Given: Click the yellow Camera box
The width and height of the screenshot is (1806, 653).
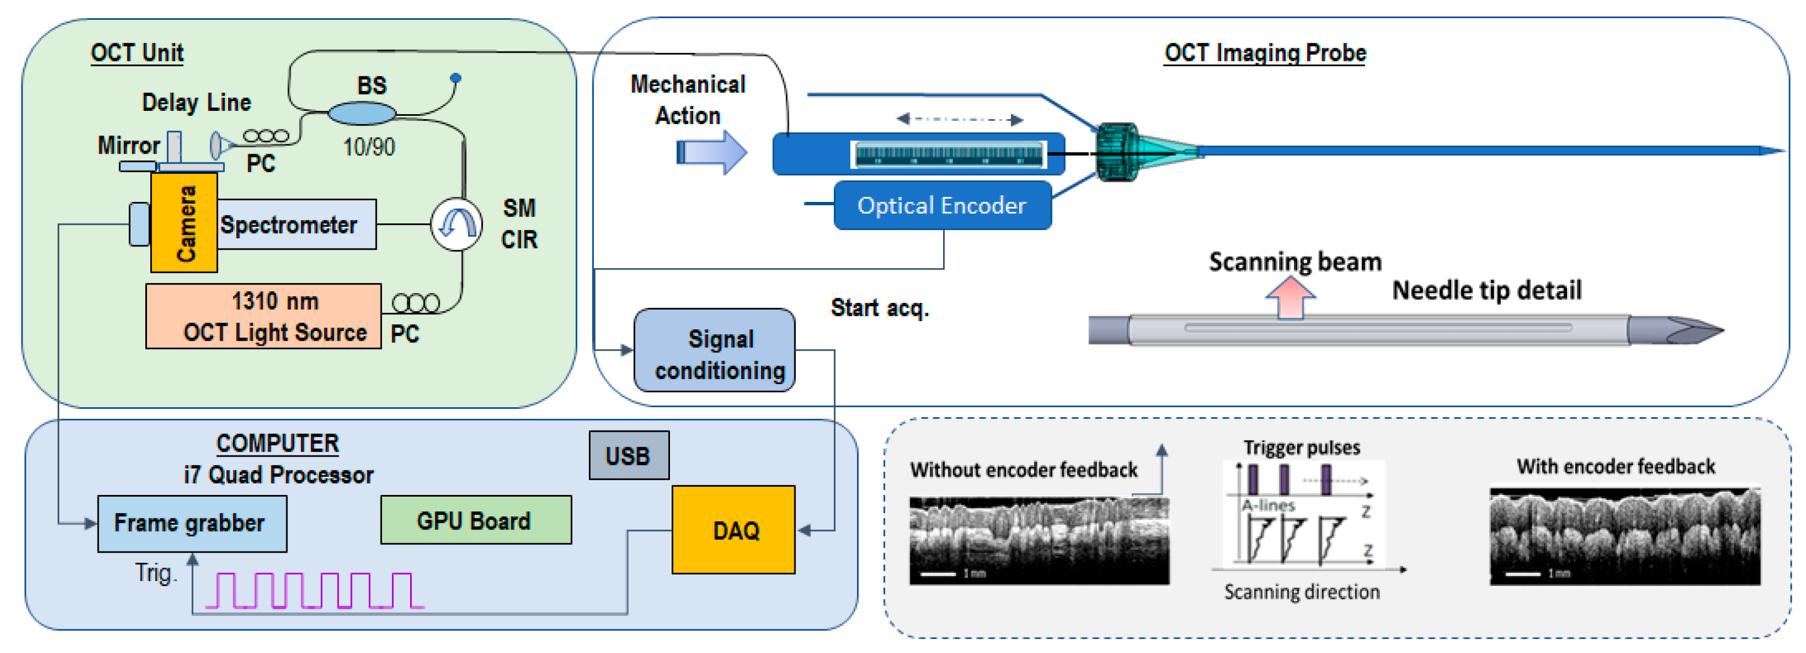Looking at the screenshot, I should coord(184,223).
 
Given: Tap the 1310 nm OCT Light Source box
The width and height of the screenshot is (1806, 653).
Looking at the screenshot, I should coord(264,316).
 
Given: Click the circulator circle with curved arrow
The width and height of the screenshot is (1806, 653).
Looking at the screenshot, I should coord(456,224).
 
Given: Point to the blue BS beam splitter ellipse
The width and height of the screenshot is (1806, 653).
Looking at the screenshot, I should coord(362,113).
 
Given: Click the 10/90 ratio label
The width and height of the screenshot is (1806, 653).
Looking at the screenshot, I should coord(369,147).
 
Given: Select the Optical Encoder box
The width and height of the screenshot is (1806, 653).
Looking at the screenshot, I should coord(941,206).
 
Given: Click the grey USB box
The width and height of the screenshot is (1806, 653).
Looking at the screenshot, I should coord(629,456).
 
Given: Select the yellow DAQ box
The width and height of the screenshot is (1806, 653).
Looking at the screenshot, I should coord(734,530).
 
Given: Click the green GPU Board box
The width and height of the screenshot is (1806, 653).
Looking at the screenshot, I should coord(475,520).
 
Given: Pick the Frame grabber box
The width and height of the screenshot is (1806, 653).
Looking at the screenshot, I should coord(191,523).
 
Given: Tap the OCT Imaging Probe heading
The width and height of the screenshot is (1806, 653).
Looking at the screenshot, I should coord(1265,53).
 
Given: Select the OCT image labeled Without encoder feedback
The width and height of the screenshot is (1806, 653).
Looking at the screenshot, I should coord(1039,541).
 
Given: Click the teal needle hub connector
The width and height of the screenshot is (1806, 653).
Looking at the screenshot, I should coord(1116,152).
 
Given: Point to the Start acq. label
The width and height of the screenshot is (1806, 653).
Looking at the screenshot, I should coord(879,308).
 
